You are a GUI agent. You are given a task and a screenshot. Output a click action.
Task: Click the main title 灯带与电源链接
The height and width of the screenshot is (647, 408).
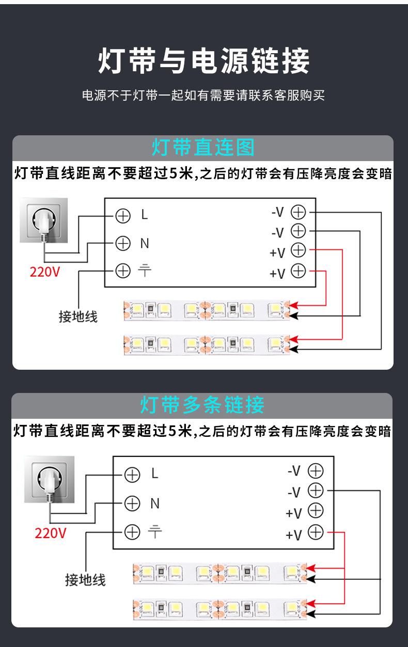203,61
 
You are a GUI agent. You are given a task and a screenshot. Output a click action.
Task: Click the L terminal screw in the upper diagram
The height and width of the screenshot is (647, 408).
123,215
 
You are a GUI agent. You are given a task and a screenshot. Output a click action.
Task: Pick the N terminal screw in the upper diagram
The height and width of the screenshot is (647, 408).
123,243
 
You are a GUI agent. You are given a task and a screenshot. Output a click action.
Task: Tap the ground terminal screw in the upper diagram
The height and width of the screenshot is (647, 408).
123,270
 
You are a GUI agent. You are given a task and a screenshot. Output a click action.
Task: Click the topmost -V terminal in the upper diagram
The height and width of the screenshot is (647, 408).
299,212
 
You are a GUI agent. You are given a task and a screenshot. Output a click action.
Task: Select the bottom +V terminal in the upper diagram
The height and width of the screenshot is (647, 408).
299,271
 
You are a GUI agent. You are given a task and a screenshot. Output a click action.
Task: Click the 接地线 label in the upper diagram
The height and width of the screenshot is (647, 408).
78,316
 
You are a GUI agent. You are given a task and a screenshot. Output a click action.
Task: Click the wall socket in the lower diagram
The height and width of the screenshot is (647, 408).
49,479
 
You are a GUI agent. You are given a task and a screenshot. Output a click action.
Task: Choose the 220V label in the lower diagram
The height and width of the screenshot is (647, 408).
51,532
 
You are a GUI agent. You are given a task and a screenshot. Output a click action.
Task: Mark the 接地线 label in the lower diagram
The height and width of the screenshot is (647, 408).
85,579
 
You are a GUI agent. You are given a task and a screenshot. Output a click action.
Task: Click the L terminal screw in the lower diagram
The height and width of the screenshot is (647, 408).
133,475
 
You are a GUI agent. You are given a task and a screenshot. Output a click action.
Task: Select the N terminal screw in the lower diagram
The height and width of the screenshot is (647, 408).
133,502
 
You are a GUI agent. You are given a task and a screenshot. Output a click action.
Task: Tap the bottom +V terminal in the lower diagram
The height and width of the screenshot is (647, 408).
315,532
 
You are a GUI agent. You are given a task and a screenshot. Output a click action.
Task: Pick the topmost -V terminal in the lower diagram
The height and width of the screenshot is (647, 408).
315,471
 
